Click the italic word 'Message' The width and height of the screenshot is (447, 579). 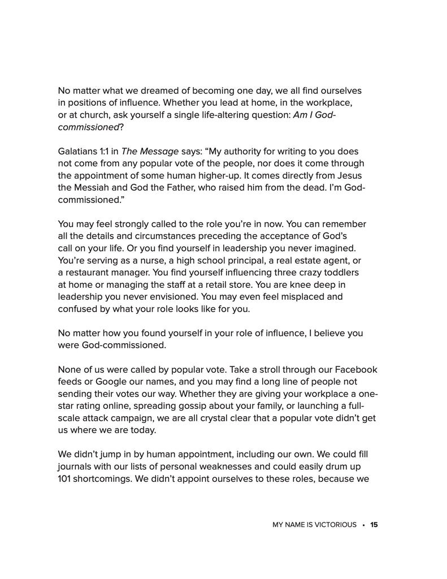160,152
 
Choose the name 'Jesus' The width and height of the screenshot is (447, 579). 351,176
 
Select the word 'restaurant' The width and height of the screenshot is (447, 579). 90,273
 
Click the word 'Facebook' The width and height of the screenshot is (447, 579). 357,369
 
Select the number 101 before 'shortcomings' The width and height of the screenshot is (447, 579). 66,479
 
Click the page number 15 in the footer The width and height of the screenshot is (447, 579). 374,525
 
